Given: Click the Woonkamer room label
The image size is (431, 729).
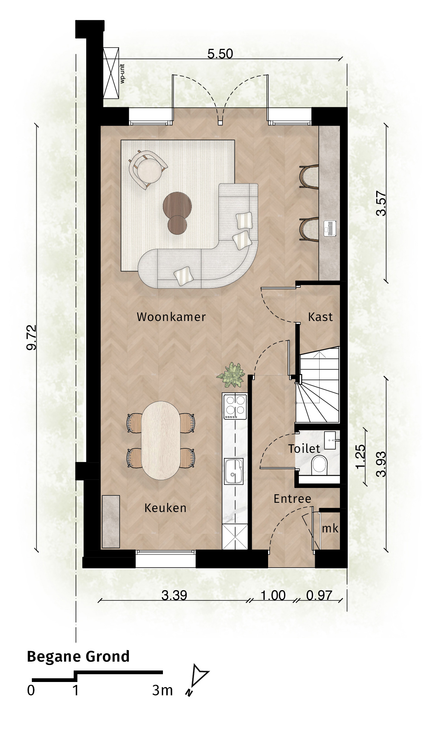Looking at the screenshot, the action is [x=171, y=317].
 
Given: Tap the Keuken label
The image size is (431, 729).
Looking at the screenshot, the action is [x=166, y=508].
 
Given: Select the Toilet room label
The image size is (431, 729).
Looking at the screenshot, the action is [x=304, y=449].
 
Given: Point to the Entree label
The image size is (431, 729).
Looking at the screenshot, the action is [x=293, y=499].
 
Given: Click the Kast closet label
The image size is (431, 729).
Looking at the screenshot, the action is [x=321, y=317].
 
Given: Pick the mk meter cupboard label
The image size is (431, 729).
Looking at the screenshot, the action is [x=330, y=528].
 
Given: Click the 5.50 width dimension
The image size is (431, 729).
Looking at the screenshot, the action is [x=220, y=54].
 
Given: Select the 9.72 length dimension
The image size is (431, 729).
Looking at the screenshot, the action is [x=32, y=337].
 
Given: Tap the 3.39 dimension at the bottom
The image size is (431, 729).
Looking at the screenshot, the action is [x=174, y=595].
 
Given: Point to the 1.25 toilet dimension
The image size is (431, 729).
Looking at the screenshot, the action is [x=360, y=457].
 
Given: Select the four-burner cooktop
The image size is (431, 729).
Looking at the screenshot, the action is [x=235, y=407].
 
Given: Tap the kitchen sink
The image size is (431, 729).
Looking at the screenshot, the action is [x=234, y=471].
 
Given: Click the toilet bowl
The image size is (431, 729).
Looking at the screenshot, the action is [x=320, y=465].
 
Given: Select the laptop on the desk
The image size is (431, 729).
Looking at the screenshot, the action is [x=330, y=228].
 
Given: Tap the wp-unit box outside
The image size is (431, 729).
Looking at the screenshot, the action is [x=111, y=73].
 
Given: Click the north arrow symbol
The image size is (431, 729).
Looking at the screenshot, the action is [x=198, y=679].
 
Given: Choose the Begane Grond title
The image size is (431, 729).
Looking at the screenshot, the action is [x=78, y=656].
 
